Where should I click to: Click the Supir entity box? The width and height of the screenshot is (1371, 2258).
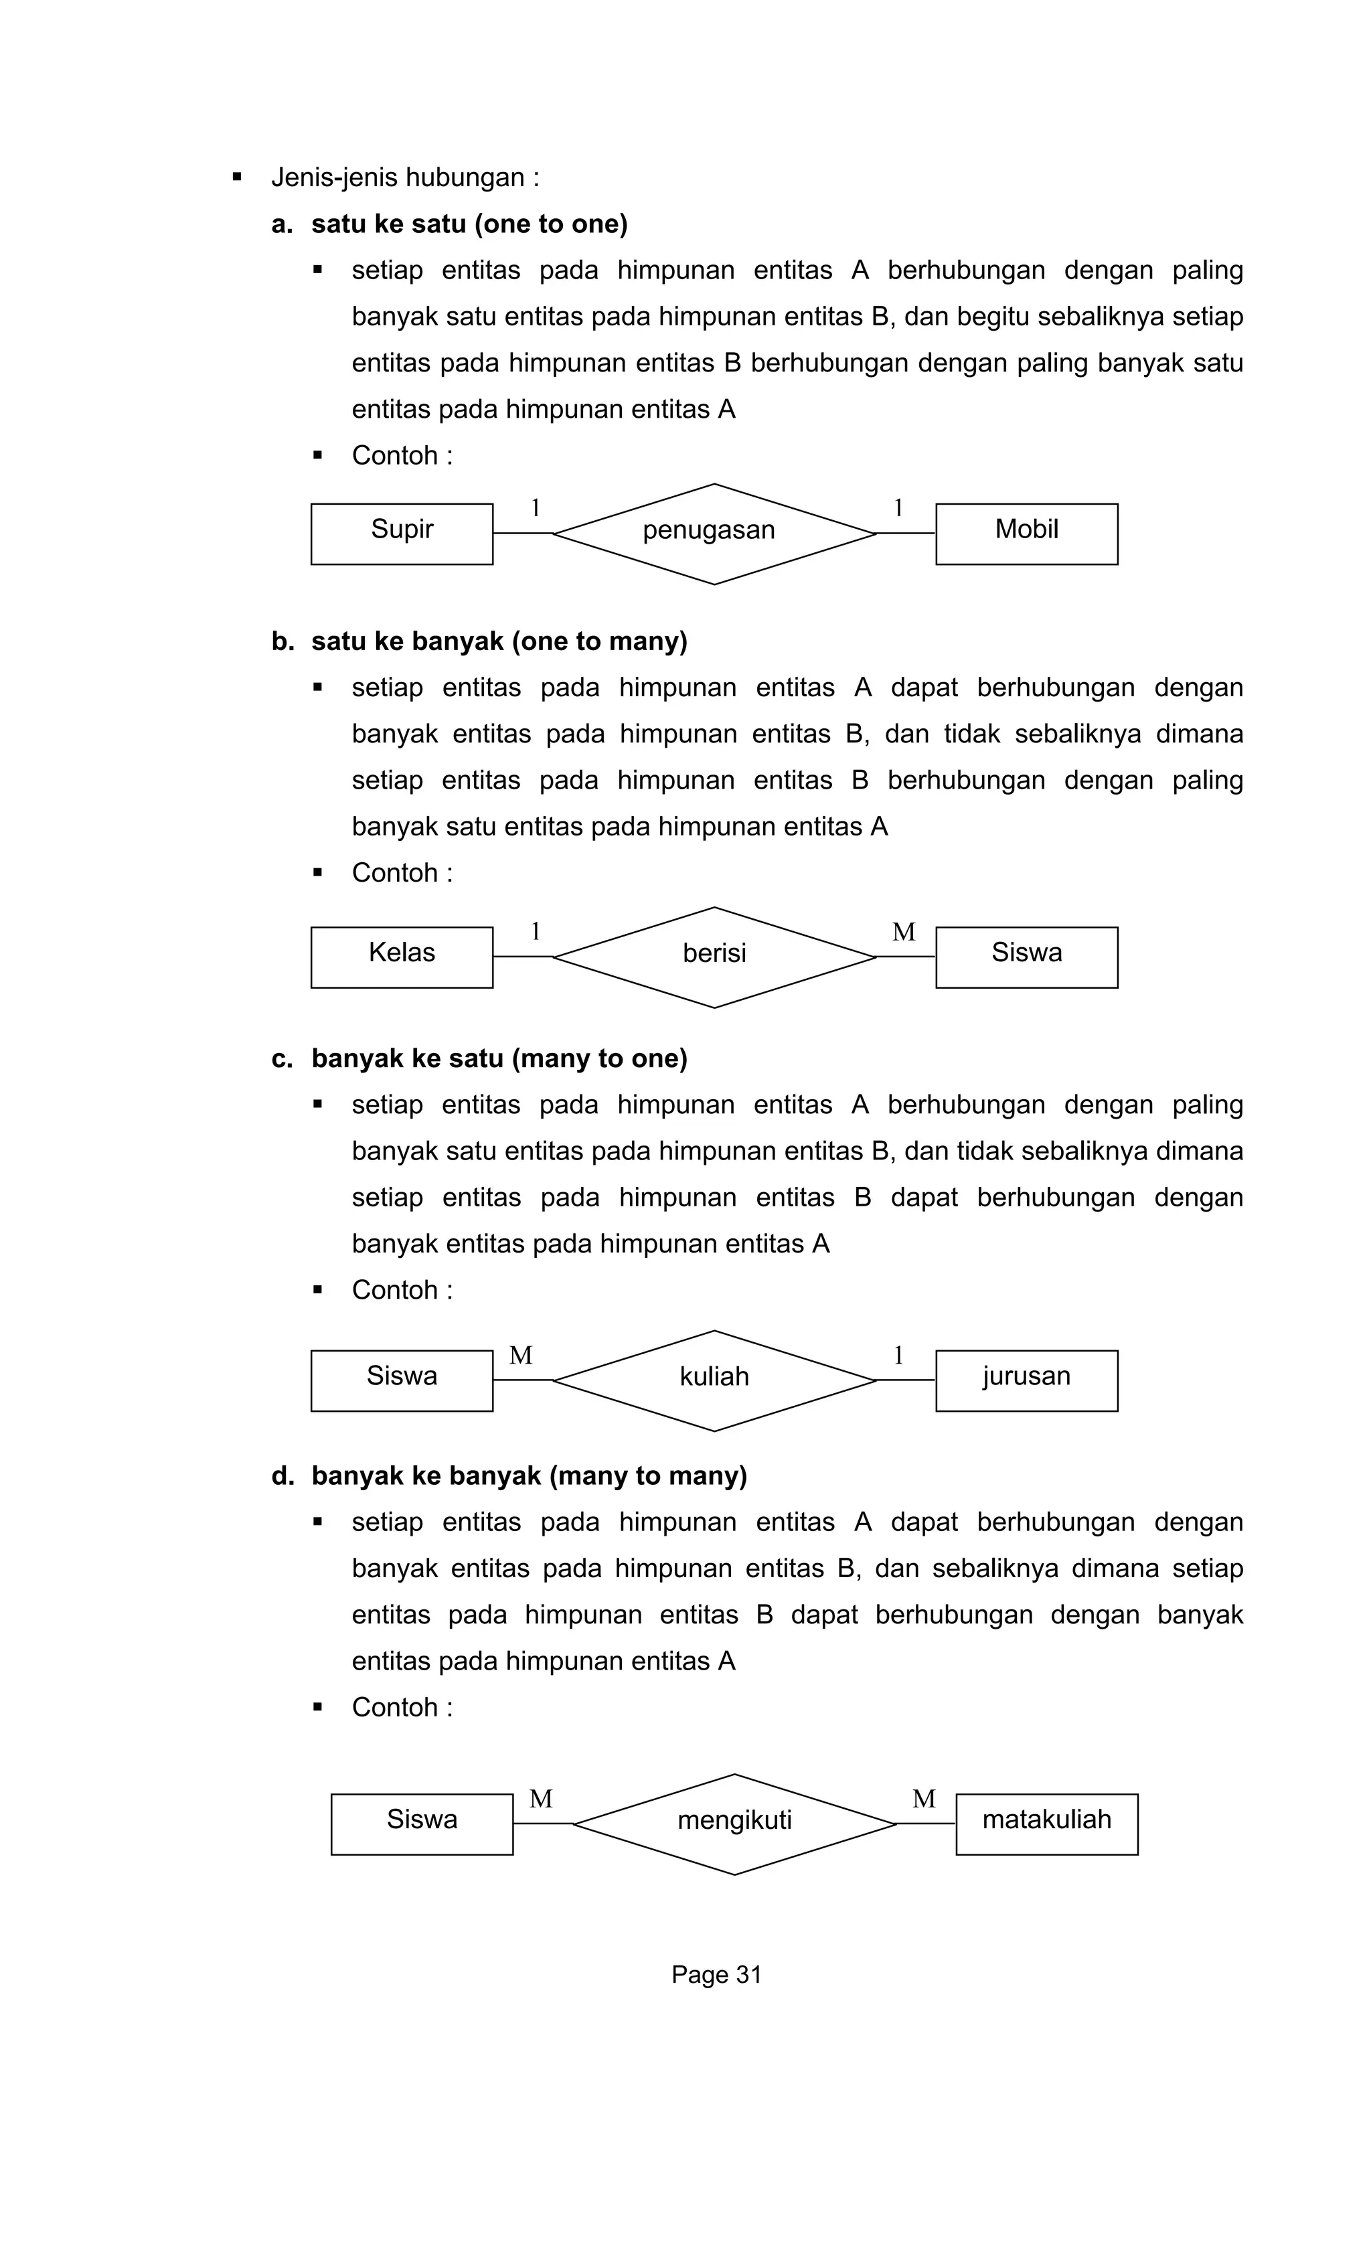click(x=402, y=534)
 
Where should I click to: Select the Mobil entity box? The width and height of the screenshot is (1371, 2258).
click(x=1026, y=534)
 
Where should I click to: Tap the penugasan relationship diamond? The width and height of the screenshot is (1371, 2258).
click(x=714, y=534)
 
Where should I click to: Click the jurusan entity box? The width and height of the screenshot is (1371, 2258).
click(x=1026, y=1380)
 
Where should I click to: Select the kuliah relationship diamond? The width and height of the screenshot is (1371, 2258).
click(x=714, y=1380)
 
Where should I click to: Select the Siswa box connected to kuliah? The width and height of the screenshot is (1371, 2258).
click(x=402, y=1380)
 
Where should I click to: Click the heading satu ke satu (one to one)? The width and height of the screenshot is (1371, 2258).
click(x=469, y=224)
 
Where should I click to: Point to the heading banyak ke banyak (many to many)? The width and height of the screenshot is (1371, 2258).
click(x=529, y=1475)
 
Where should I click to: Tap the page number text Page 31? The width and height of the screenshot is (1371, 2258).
click(x=716, y=1974)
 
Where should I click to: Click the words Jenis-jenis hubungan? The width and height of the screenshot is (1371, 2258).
click(x=404, y=177)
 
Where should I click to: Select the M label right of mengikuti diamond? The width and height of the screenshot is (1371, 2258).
click(x=924, y=1799)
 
